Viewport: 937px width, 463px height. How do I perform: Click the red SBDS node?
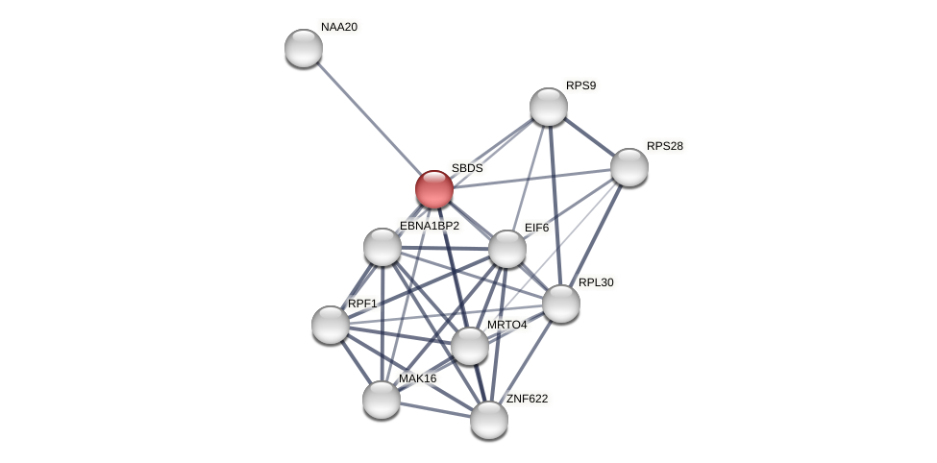[434, 189]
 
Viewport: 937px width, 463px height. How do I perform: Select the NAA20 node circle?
[304, 48]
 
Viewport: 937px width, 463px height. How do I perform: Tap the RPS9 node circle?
[549, 107]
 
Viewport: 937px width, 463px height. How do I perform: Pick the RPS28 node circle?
[629, 167]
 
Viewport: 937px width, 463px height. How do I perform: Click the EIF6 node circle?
[507, 249]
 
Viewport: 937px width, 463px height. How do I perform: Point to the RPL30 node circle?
[561, 304]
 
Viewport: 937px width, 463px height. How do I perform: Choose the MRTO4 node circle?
[470, 346]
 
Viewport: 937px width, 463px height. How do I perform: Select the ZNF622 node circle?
[489, 420]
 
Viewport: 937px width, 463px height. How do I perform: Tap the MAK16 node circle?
[382, 400]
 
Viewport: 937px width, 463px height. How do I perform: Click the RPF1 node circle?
[331, 325]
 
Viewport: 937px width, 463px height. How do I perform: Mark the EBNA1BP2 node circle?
[382, 247]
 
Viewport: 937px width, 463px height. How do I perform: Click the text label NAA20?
[338, 27]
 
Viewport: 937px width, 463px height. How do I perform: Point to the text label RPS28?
[664, 146]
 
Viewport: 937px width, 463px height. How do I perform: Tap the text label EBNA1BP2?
[429, 226]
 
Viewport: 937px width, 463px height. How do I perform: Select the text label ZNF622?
[527, 399]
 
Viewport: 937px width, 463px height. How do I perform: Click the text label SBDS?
[467, 168]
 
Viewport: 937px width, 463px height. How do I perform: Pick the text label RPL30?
[596, 282]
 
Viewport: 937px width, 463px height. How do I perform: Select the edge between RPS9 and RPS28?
[589, 136]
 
